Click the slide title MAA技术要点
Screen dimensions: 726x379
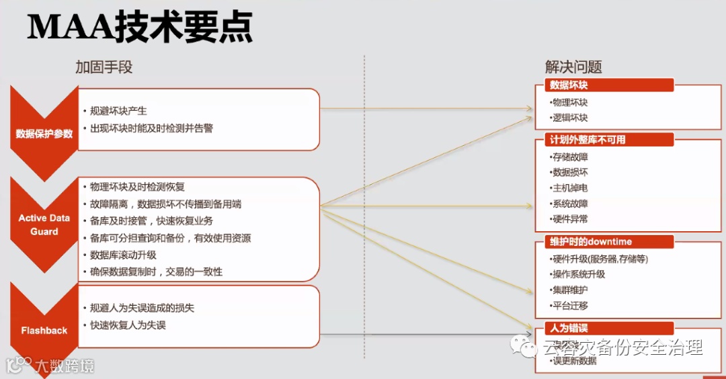click(x=140, y=28)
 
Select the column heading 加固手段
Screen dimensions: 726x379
click(x=104, y=67)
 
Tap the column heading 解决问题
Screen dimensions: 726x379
click(x=573, y=67)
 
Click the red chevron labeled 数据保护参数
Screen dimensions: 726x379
click(x=44, y=133)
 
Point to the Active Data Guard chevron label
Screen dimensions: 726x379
click(x=44, y=224)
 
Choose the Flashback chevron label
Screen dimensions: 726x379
click(x=44, y=331)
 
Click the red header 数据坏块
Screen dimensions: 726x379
click(x=569, y=85)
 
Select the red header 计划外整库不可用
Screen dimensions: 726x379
click(x=588, y=140)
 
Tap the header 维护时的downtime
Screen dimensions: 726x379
click(x=591, y=242)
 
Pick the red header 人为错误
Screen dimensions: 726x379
click(x=569, y=329)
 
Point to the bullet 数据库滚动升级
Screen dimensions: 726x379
click(x=123, y=255)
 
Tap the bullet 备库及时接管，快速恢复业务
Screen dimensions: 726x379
click(x=152, y=220)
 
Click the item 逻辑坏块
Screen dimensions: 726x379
click(x=570, y=118)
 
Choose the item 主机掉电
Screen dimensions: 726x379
click(x=570, y=188)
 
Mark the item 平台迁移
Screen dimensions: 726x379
click(x=570, y=305)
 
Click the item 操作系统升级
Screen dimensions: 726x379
click(x=579, y=274)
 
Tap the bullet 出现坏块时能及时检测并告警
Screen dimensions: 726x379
click(x=151, y=128)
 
